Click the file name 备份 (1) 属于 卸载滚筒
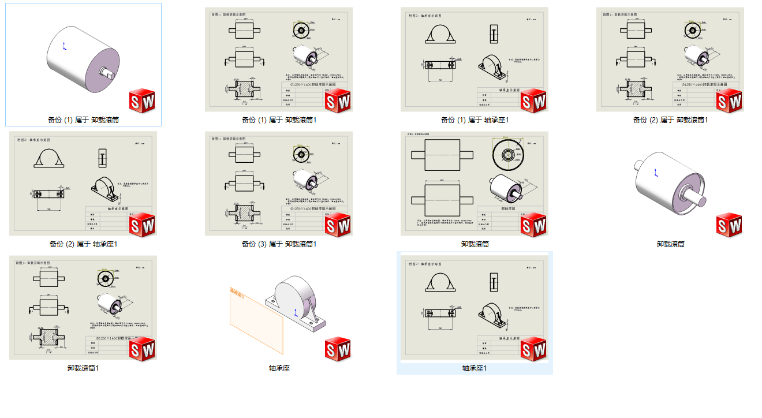point(84,120)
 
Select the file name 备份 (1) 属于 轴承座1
point(475,120)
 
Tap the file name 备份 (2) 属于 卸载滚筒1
point(670,120)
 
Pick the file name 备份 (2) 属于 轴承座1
point(84,244)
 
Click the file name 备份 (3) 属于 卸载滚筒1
point(279,244)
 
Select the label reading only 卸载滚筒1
point(83,368)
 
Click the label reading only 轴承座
point(279,368)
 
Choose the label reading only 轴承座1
point(475,368)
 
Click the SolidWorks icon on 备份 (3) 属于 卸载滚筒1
point(338,225)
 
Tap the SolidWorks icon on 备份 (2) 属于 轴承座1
point(142,225)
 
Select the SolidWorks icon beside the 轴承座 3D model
point(338,349)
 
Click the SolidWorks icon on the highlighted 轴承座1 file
point(533,349)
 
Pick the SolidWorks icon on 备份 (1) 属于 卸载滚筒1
point(338,101)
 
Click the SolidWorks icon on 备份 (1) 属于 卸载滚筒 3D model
point(142,101)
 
